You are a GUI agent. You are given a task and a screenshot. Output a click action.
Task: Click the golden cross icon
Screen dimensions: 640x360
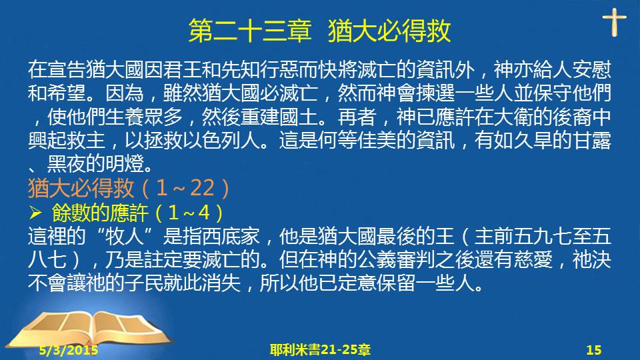point(614,23)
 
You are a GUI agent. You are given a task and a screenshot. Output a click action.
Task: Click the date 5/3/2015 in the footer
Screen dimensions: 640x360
point(69,350)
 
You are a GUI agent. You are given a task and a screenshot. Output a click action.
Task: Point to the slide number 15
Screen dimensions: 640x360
point(594,350)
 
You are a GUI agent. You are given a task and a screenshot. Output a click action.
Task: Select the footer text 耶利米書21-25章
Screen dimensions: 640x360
point(320,350)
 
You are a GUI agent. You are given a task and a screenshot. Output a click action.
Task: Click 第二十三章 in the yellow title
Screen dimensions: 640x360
point(250,31)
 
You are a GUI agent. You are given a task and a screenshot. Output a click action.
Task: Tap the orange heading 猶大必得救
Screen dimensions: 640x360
point(81,188)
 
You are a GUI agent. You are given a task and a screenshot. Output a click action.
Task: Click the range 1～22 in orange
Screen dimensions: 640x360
point(185,188)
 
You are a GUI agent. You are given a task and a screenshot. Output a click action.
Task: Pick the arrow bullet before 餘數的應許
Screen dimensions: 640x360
point(35,212)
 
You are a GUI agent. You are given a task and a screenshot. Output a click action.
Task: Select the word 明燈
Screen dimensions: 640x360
point(125,164)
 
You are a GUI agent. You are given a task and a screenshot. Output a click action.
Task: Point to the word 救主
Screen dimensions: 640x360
point(86,140)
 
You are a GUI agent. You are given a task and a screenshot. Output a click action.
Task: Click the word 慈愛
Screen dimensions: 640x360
point(533,259)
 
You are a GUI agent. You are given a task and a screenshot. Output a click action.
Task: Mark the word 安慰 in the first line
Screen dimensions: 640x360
point(591,70)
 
